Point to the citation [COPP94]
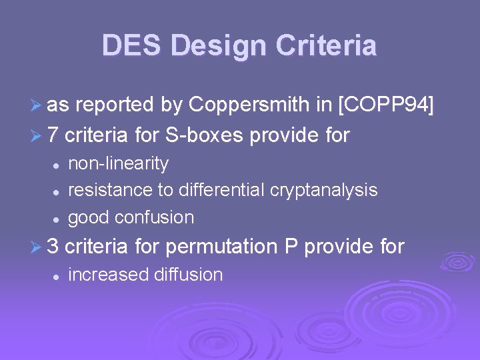click(386, 105)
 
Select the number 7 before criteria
click(53, 136)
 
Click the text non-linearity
click(119, 163)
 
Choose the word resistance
click(111, 190)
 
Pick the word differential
click(221, 190)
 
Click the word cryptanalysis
click(324, 191)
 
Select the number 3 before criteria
click(53, 247)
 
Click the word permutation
click(221, 247)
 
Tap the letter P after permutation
click(291, 247)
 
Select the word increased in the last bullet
click(109, 275)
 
